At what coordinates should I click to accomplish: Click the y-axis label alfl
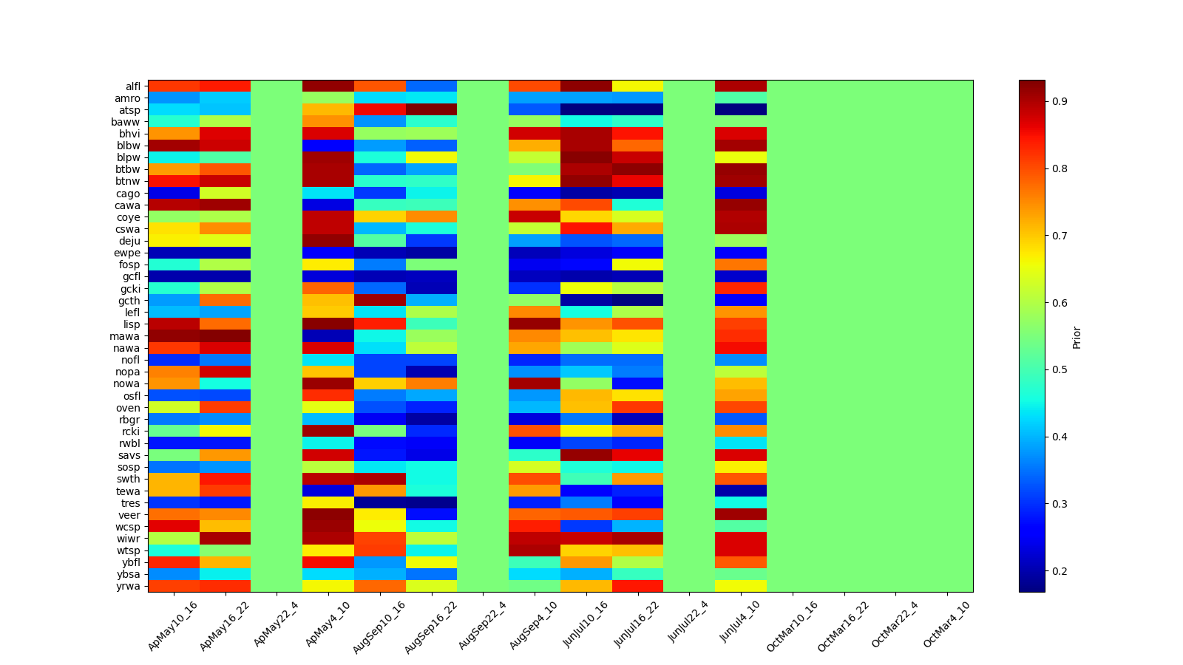(x=132, y=86)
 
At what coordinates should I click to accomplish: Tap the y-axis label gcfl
(x=132, y=276)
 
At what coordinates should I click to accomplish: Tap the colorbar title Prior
(x=1077, y=337)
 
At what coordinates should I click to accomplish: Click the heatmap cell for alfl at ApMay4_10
(x=328, y=86)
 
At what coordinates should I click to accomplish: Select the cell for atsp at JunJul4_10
(x=741, y=110)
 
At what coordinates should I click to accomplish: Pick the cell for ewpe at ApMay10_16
(x=174, y=253)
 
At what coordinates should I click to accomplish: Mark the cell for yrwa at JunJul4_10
(x=741, y=586)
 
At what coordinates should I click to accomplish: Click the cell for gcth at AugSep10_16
(x=380, y=300)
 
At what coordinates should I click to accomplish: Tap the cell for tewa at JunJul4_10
(x=741, y=491)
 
